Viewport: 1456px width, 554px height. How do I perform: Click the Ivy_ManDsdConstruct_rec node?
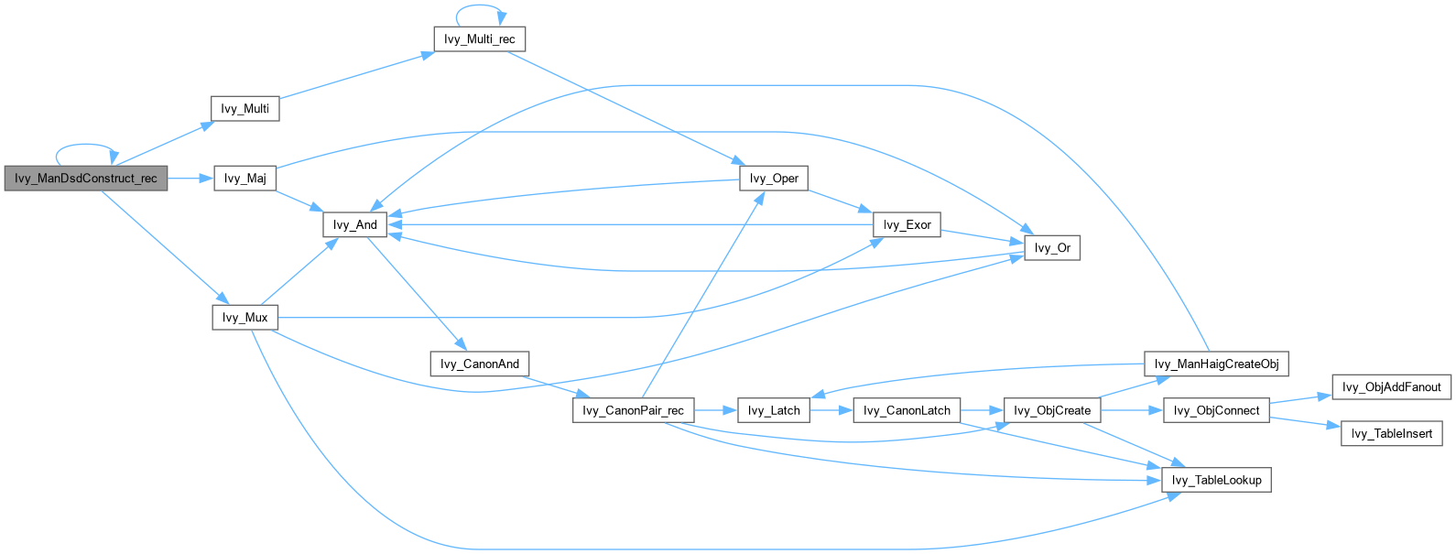click(x=86, y=179)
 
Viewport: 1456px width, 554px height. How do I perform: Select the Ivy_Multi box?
click(x=244, y=109)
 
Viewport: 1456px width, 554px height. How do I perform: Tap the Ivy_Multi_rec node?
click(x=480, y=39)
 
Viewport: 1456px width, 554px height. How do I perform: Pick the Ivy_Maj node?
click(x=244, y=179)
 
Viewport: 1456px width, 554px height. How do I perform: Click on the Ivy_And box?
click(x=355, y=225)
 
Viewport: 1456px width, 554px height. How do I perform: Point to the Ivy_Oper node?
click(x=774, y=179)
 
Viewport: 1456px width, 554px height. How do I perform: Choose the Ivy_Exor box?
click(x=907, y=225)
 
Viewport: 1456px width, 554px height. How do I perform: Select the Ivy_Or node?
click(x=1052, y=248)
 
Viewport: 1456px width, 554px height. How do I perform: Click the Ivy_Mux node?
click(x=244, y=318)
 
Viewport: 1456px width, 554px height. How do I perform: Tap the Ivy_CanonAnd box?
click(x=480, y=364)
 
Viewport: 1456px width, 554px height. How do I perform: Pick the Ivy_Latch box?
click(x=774, y=411)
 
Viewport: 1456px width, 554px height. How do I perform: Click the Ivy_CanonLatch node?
click(x=907, y=411)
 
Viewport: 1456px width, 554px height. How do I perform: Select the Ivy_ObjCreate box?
click(x=1052, y=411)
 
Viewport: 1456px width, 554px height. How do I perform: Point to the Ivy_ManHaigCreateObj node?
click(x=1216, y=364)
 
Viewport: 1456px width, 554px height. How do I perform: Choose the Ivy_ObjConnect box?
click(x=1216, y=411)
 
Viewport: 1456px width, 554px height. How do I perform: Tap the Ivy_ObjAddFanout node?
click(x=1392, y=387)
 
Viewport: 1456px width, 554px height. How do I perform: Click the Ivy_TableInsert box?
click(x=1392, y=434)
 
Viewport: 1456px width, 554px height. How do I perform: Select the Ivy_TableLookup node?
click(x=1216, y=481)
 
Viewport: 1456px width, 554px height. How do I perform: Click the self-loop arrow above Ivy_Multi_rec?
click(x=480, y=6)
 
